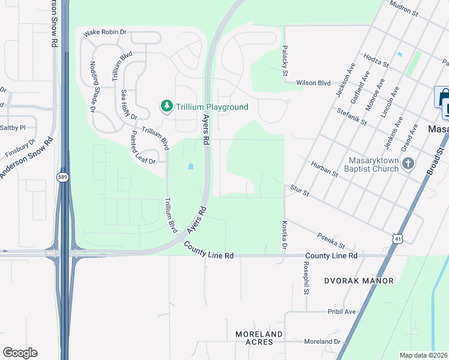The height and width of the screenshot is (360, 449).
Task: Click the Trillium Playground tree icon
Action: click(166, 106)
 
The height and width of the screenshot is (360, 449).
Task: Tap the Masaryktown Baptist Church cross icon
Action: click(408, 164)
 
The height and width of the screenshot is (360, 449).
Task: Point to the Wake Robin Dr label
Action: click(105, 32)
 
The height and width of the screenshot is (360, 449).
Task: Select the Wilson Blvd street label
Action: click(313, 83)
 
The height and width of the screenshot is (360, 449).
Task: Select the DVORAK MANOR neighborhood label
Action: click(359, 281)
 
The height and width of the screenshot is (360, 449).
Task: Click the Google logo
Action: click(20, 353)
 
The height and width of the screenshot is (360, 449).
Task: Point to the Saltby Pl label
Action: click(13, 128)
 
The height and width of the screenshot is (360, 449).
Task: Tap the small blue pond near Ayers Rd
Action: click(191, 166)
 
